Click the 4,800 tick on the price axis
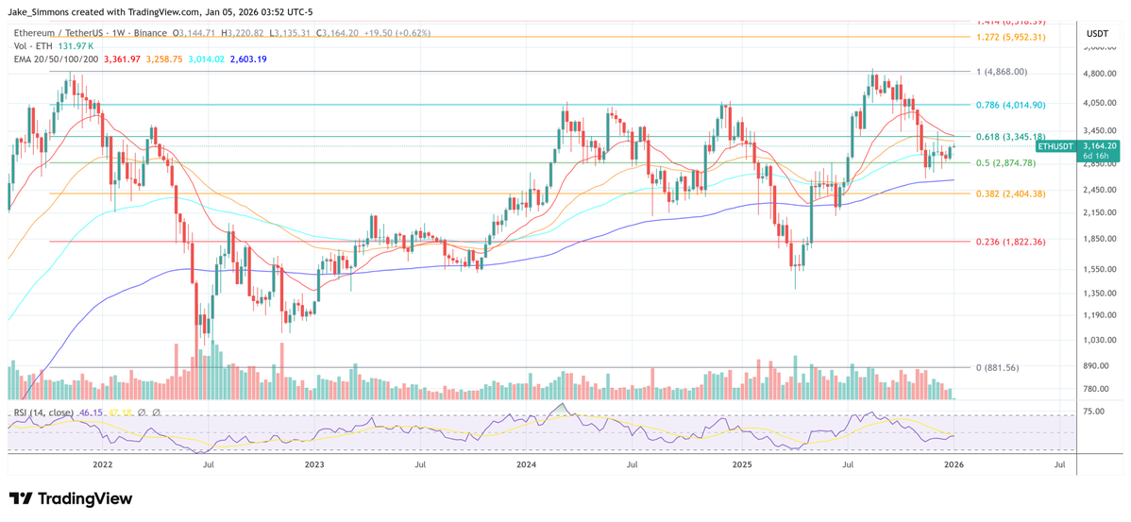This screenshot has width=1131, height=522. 1095,74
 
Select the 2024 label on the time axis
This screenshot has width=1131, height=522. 526,464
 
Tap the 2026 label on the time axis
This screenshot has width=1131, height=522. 954,464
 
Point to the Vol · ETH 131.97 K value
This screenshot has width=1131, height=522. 75,46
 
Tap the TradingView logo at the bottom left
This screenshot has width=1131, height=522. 71,498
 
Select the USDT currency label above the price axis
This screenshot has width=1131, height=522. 1096,33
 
